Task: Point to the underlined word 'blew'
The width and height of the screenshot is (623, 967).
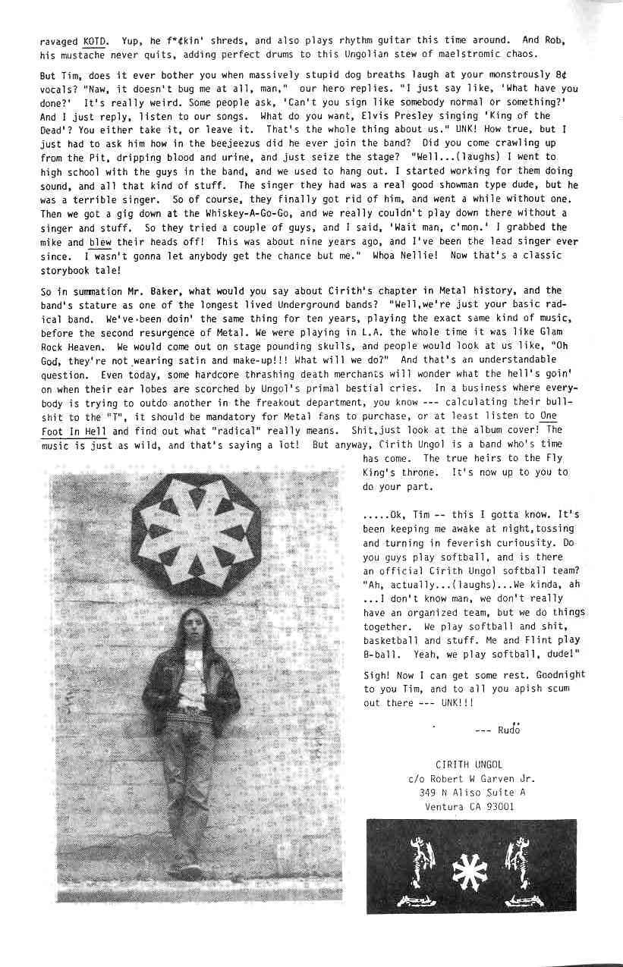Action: click(99, 241)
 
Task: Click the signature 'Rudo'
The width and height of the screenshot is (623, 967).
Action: click(509, 730)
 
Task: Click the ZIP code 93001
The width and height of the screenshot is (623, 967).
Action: click(500, 806)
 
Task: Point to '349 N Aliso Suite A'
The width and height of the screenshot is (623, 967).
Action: click(472, 792)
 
